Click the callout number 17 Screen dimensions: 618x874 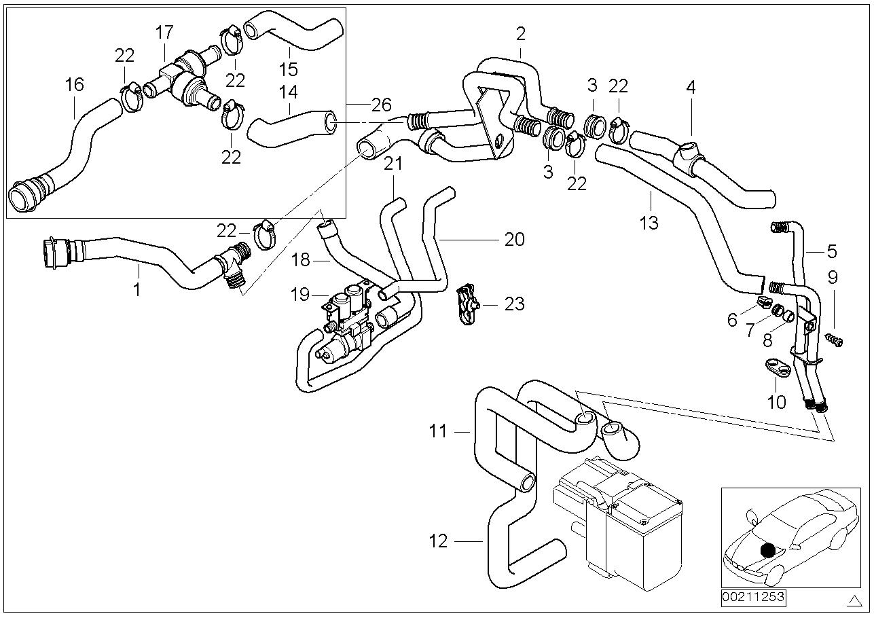[164, 33]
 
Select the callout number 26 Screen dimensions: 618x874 [381, 105]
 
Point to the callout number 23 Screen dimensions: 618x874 [515, 304]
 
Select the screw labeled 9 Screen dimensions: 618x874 [835, 340]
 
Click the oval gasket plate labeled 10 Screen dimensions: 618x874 [776, 367]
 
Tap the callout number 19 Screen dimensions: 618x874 [300, 294]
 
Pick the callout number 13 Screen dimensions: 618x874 [649, 222]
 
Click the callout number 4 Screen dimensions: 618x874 [691, 87]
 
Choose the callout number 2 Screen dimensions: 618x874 [520, 33]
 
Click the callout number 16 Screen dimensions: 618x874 [74, 85]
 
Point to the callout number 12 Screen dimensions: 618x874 [439, 541]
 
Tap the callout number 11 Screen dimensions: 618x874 [439, 431]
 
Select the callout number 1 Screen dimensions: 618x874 [137, 290]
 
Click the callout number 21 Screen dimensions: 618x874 [393, 164]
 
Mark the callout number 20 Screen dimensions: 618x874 [515, 239]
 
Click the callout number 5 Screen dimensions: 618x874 [832, 251]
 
